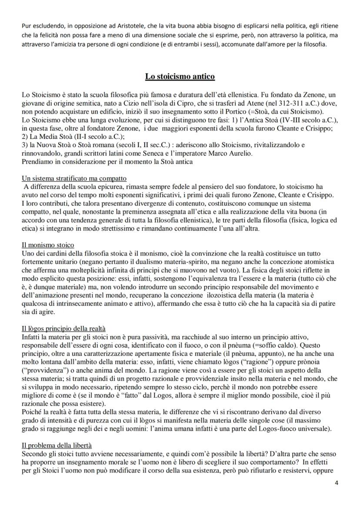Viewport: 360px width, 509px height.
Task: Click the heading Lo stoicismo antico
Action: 180,77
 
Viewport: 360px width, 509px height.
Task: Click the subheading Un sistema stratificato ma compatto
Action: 74,179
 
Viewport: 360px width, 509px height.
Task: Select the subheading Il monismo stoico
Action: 48,245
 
